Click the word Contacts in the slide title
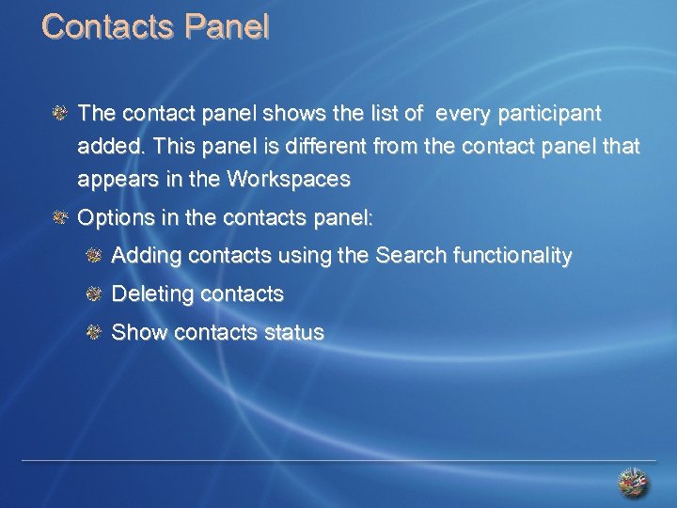[x=108, y=26]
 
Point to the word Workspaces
[x=291, y=179]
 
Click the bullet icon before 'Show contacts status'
[x=93, y=332]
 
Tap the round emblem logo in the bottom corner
[x=633, y=484]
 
